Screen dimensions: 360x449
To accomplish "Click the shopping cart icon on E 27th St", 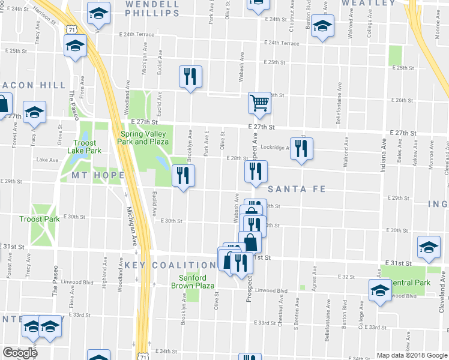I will [x=259, y=103].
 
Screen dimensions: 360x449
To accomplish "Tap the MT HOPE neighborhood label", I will [x=98, y=175].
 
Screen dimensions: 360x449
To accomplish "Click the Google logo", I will [x=20, y=352].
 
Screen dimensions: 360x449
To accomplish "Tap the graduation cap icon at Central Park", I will [x=379, y=291].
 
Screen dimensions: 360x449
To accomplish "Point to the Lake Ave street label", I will [x=47, y=160].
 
